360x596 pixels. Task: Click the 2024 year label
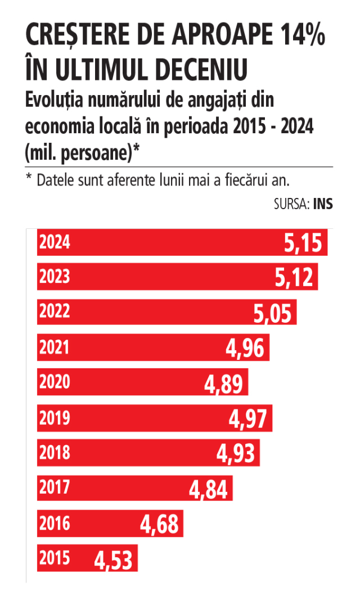pos(55,242)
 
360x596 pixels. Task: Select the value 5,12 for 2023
pos(294,277)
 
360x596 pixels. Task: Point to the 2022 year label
pos(55,311)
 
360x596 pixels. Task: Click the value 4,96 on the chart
pos(245,348)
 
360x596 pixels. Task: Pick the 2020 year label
pos(55,382)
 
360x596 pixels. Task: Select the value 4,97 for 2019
pos(248,419)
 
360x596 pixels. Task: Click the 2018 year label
pos(55,452)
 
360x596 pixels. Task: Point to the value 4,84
pos(208,489)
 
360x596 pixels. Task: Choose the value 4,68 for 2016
pos(159,525)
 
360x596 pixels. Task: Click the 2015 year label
pos(55,558)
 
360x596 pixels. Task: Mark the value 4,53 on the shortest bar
pos(113,561)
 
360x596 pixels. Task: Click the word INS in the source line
pos(323,204)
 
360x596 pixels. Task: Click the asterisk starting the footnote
pos(28,177)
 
